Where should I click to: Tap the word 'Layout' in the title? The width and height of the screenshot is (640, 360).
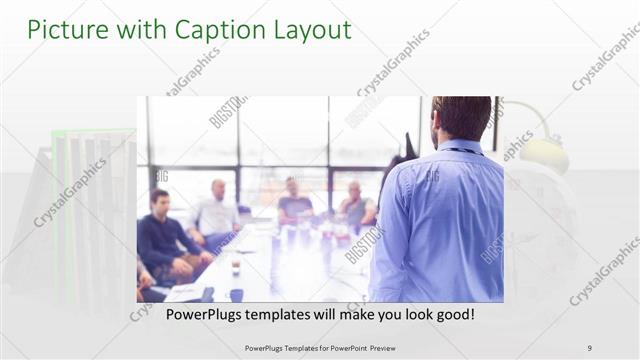pyautogui.click(x=309, y=30)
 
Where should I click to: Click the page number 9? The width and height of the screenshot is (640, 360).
pyautogui.click(x=590, y=347)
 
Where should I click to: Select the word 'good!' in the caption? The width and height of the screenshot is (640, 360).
pyautogui.click(x=452, y=314)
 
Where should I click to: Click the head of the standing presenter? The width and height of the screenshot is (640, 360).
pyautogui.click(x=461, y=118)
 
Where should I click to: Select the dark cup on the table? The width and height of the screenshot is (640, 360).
pyautogui.click(x=236, y=294)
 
